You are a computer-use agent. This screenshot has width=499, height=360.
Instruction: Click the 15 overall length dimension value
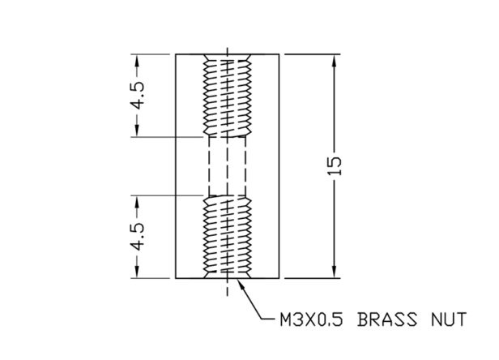335,166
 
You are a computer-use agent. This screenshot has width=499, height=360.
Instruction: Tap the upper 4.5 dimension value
139,96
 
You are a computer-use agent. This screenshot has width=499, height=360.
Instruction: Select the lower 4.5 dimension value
139,237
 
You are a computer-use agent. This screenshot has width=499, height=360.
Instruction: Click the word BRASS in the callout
387,319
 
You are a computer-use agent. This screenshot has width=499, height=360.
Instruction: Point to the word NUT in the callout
449,319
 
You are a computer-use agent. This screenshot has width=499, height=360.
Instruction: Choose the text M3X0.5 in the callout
312,319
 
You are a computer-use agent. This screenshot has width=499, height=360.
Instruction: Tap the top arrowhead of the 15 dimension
334,61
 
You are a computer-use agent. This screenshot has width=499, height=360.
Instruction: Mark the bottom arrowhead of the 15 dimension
334,272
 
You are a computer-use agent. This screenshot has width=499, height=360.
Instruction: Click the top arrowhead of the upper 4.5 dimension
137,61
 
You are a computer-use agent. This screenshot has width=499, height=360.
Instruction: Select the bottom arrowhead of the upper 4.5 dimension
137,131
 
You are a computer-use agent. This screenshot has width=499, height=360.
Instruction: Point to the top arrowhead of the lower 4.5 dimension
137,202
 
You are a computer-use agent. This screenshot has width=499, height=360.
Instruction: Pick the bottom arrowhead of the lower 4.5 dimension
137,272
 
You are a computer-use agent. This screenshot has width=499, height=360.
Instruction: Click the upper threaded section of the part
227,96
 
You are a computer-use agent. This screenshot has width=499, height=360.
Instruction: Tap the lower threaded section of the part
227,237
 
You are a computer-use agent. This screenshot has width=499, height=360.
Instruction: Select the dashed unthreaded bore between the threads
227,166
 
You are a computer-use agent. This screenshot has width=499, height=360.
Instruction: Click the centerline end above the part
227,48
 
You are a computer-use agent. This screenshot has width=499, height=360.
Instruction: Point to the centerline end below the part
227,295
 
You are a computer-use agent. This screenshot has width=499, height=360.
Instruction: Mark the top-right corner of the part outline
279,54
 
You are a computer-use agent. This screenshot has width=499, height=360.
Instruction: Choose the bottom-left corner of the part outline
176,278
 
